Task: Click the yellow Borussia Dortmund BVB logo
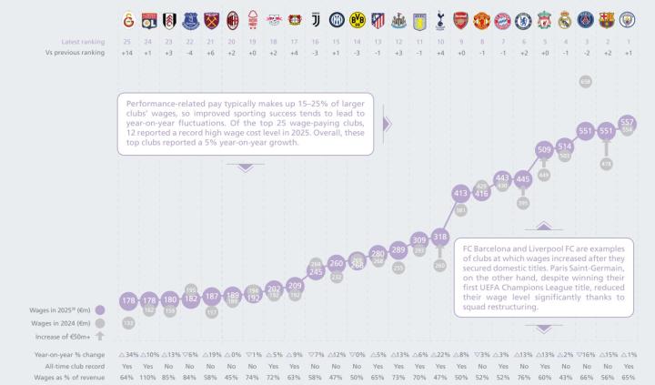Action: [x=358, y=18]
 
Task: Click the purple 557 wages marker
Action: [x=627, y=123]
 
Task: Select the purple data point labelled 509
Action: [x=544, y=149]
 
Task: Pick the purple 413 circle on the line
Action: [x=460, y=193]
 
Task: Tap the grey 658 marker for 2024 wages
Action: [x=585, y=82]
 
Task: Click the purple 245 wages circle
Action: [x=316, y=271]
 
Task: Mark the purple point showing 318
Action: [x=439, y=238]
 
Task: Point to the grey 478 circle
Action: [x=606, y=164]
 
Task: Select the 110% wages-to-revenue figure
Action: [x=147, y=376]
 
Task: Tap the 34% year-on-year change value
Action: [x=128, y=352]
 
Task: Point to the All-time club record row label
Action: [x=61, y=364]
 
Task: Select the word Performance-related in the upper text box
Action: [x=160, y=103]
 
